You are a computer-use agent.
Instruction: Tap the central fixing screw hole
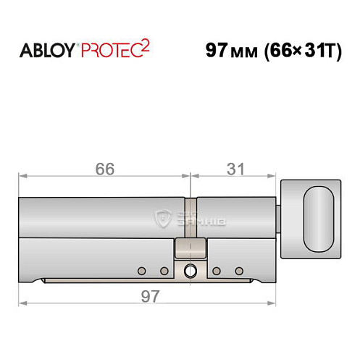point(190,271)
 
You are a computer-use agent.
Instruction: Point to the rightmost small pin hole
point(238,271)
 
